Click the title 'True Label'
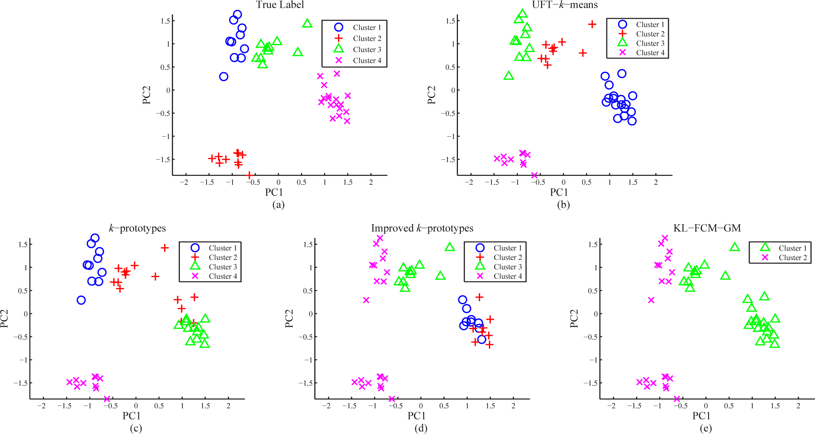[280, 5]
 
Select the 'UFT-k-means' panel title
[564, 5]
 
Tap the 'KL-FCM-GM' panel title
[707, 228]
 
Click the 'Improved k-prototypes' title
[422, 228]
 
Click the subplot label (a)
[278, 205]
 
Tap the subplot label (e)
[706, 428]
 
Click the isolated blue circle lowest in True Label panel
[224, 77]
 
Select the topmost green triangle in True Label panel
[307, 23]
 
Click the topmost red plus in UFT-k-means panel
[592, 24]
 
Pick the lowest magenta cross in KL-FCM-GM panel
[677, 399]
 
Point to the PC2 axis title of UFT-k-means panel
[431, 95]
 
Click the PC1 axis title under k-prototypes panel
[132, 416]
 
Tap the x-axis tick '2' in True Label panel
[371, 182]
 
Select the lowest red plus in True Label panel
[249, 175]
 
